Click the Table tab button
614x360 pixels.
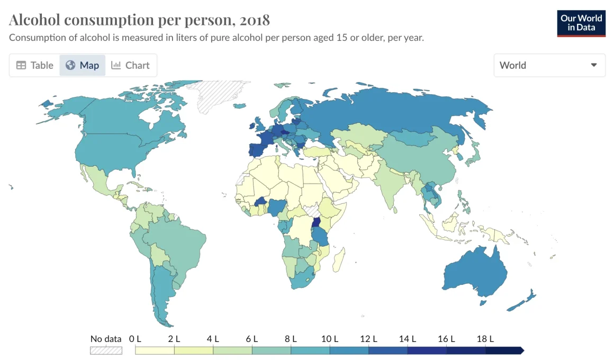(x=35, y=65)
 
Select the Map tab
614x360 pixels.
(x=83, y=65)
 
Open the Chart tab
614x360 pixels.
(x=131, y=65)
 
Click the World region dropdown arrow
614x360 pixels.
(x=594, y=65)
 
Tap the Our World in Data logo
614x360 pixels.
(x=581, y=23)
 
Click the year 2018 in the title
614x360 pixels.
(x=255, y=20)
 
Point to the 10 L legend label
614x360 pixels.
(x=329, y=339)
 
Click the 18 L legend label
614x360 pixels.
(x=485, y=339)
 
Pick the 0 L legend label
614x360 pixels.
(x=135, y=339)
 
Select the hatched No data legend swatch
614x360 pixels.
(x=106, y=350)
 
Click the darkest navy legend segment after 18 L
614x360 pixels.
(x=504, y=350)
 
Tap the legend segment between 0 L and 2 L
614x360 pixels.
(x=155, y=350)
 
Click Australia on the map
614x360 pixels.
(x=474, y=270)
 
